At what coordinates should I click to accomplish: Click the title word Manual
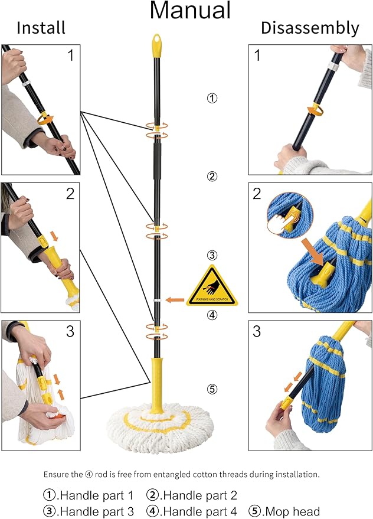[190, 11]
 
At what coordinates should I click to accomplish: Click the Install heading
[40, 28]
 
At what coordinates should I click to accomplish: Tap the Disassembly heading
[310, 28]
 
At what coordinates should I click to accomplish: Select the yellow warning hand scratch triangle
[212, 287]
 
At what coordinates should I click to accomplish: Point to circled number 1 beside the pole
[212, 98]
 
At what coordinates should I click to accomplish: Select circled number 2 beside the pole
[212, 176]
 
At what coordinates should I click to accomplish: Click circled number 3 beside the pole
[212, 256]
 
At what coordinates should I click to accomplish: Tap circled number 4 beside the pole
[212, 315]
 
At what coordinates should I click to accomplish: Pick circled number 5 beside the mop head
[212, 389]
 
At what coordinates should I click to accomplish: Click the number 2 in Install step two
[70, 194]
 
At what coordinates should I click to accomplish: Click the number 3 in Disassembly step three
[257, 331]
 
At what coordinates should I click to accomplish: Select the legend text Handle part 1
[97, 495]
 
